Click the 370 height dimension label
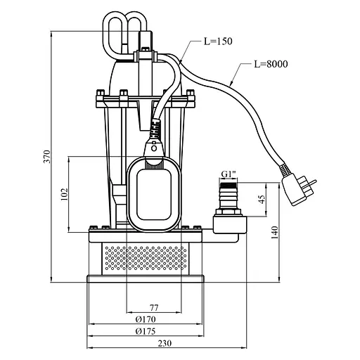[x=47, y=156]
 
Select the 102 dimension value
[x=64, y=194]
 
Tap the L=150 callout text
[x=218, y=41]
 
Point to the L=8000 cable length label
[x=271, y=64]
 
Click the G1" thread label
[x=229, y=174]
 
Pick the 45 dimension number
[x=262, y=199]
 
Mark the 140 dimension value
[x=275, y=233]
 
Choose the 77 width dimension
[x=154, y=307]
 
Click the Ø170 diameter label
[x=146, y=319]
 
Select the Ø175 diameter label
[x=146, y=331]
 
